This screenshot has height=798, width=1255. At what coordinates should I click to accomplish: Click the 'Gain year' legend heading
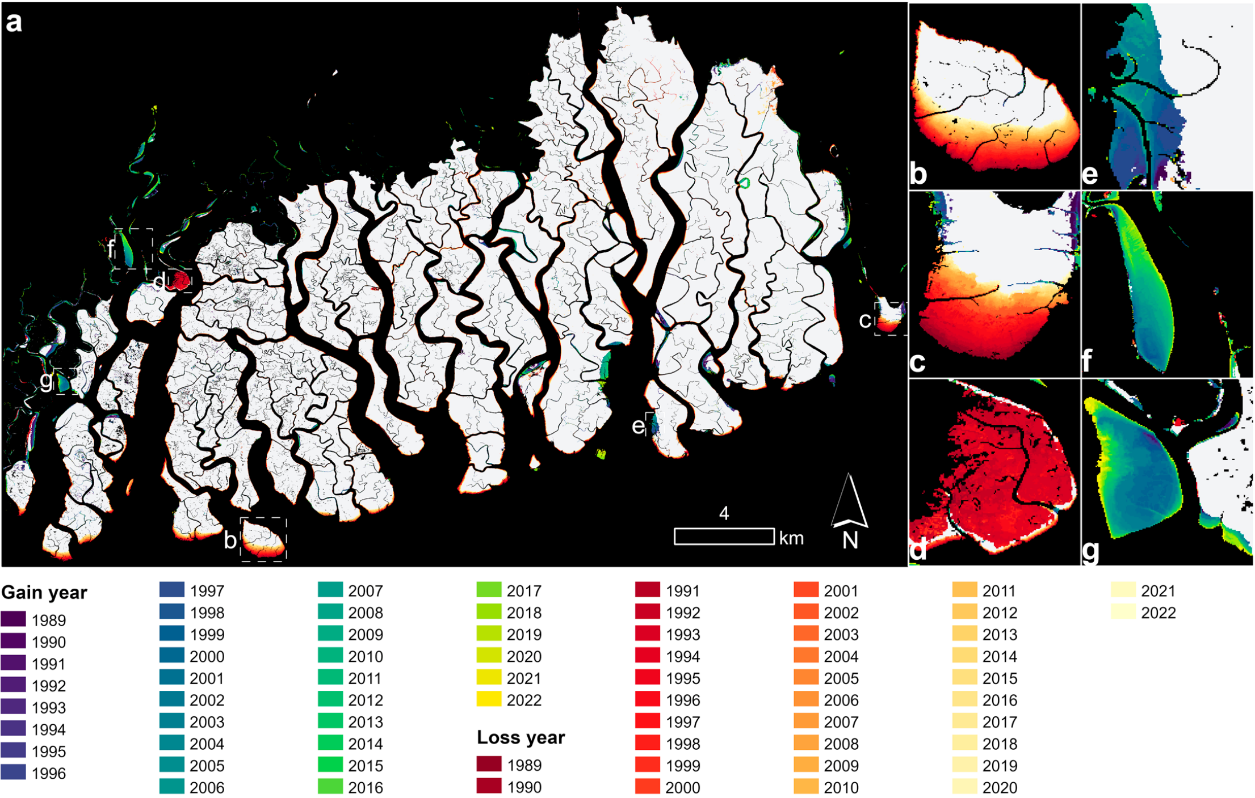44,593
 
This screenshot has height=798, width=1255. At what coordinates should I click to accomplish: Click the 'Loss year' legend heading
521,737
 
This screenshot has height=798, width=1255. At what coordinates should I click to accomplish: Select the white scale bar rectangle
724,537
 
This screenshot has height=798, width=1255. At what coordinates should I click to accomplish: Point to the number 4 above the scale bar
724,514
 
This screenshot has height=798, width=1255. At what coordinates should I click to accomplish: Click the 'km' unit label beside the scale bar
791,538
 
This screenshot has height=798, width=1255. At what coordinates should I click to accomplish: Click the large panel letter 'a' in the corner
14,23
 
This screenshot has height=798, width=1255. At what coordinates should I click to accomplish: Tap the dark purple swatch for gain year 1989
13,619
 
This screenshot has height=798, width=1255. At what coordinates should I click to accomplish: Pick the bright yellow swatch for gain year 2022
489,700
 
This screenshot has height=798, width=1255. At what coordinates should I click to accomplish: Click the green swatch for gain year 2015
330,765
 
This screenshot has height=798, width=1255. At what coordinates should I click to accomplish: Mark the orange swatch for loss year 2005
806,678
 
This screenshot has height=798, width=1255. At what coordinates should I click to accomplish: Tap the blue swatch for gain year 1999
172,634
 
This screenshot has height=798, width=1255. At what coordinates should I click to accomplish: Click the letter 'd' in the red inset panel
918,549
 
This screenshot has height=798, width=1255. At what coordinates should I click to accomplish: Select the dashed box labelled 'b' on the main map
264,539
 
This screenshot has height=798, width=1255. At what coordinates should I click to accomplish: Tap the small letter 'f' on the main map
112,249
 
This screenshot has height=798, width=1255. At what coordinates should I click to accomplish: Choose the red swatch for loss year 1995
648,678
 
